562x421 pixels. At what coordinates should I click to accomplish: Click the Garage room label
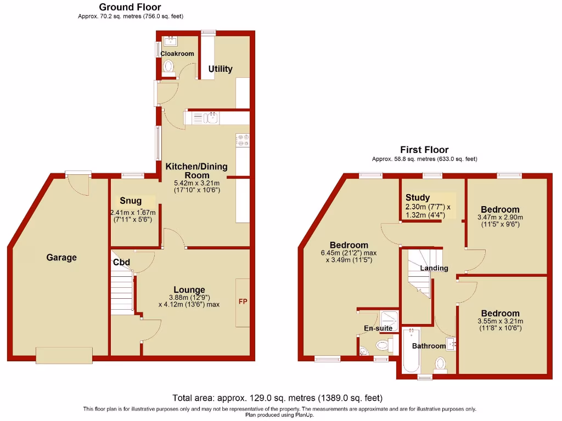pos(61,258)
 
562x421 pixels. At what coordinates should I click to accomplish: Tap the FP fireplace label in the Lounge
pos(242,301)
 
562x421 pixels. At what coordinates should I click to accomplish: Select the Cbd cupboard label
pos(121,263)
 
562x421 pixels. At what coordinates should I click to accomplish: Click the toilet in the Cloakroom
pos(168,67)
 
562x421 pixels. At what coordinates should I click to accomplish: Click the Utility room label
pos(220,69)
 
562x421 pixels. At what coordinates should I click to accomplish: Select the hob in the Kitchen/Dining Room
pos(242,140)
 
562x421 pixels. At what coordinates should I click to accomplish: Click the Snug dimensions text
pos(133,216)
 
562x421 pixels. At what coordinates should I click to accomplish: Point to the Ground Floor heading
pos(130,7)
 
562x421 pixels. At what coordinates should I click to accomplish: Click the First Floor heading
pos(424,150)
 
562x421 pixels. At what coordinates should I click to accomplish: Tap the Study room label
pos(418,198)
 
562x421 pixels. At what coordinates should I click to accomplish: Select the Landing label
pos(434,268)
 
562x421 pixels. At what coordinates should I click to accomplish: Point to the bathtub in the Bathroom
pos(411,351)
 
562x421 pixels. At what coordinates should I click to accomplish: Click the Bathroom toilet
pos(440,363)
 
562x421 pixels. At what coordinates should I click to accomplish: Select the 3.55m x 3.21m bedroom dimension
pos(500,325)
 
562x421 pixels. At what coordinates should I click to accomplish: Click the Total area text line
pos(277,398)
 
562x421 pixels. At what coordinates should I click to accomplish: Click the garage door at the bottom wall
pos(64,355)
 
